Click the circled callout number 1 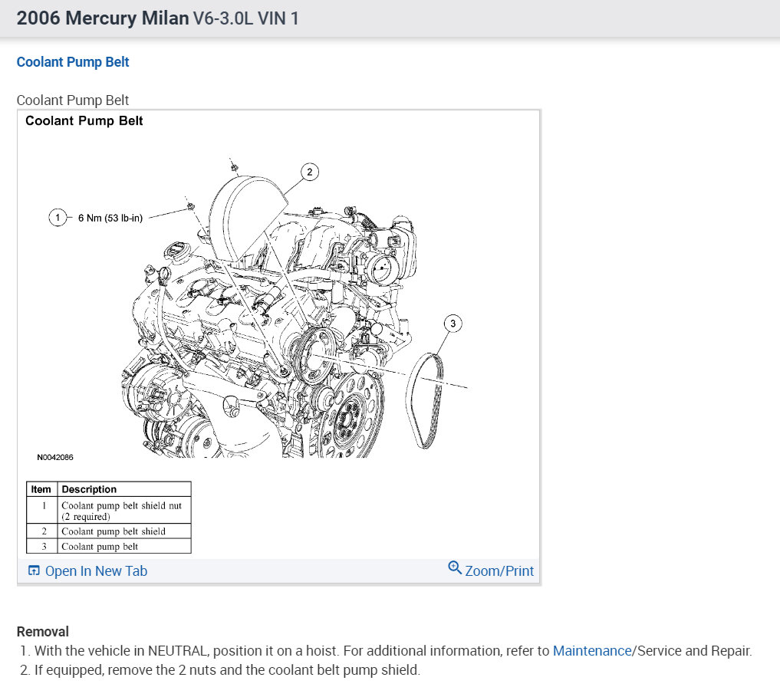(x=58, y=218)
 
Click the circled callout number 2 (x=309, y=172)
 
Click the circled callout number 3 (x=453, y=324)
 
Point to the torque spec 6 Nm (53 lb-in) (x=110, y=218)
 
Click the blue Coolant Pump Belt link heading (x=73, y=62)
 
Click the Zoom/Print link (x=499, y=570)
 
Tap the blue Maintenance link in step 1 (x=591, y=651)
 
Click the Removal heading (x=43, y=632)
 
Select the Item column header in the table (x=41, y=489)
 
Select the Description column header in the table (x=89, y=489)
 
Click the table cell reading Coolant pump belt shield (x=114, y=531)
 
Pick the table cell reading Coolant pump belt (x=99, y=546)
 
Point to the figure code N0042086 (x=55, y=458)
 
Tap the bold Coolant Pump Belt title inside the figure (x=84, y=120)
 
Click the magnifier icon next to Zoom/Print (x=455, y=568)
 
